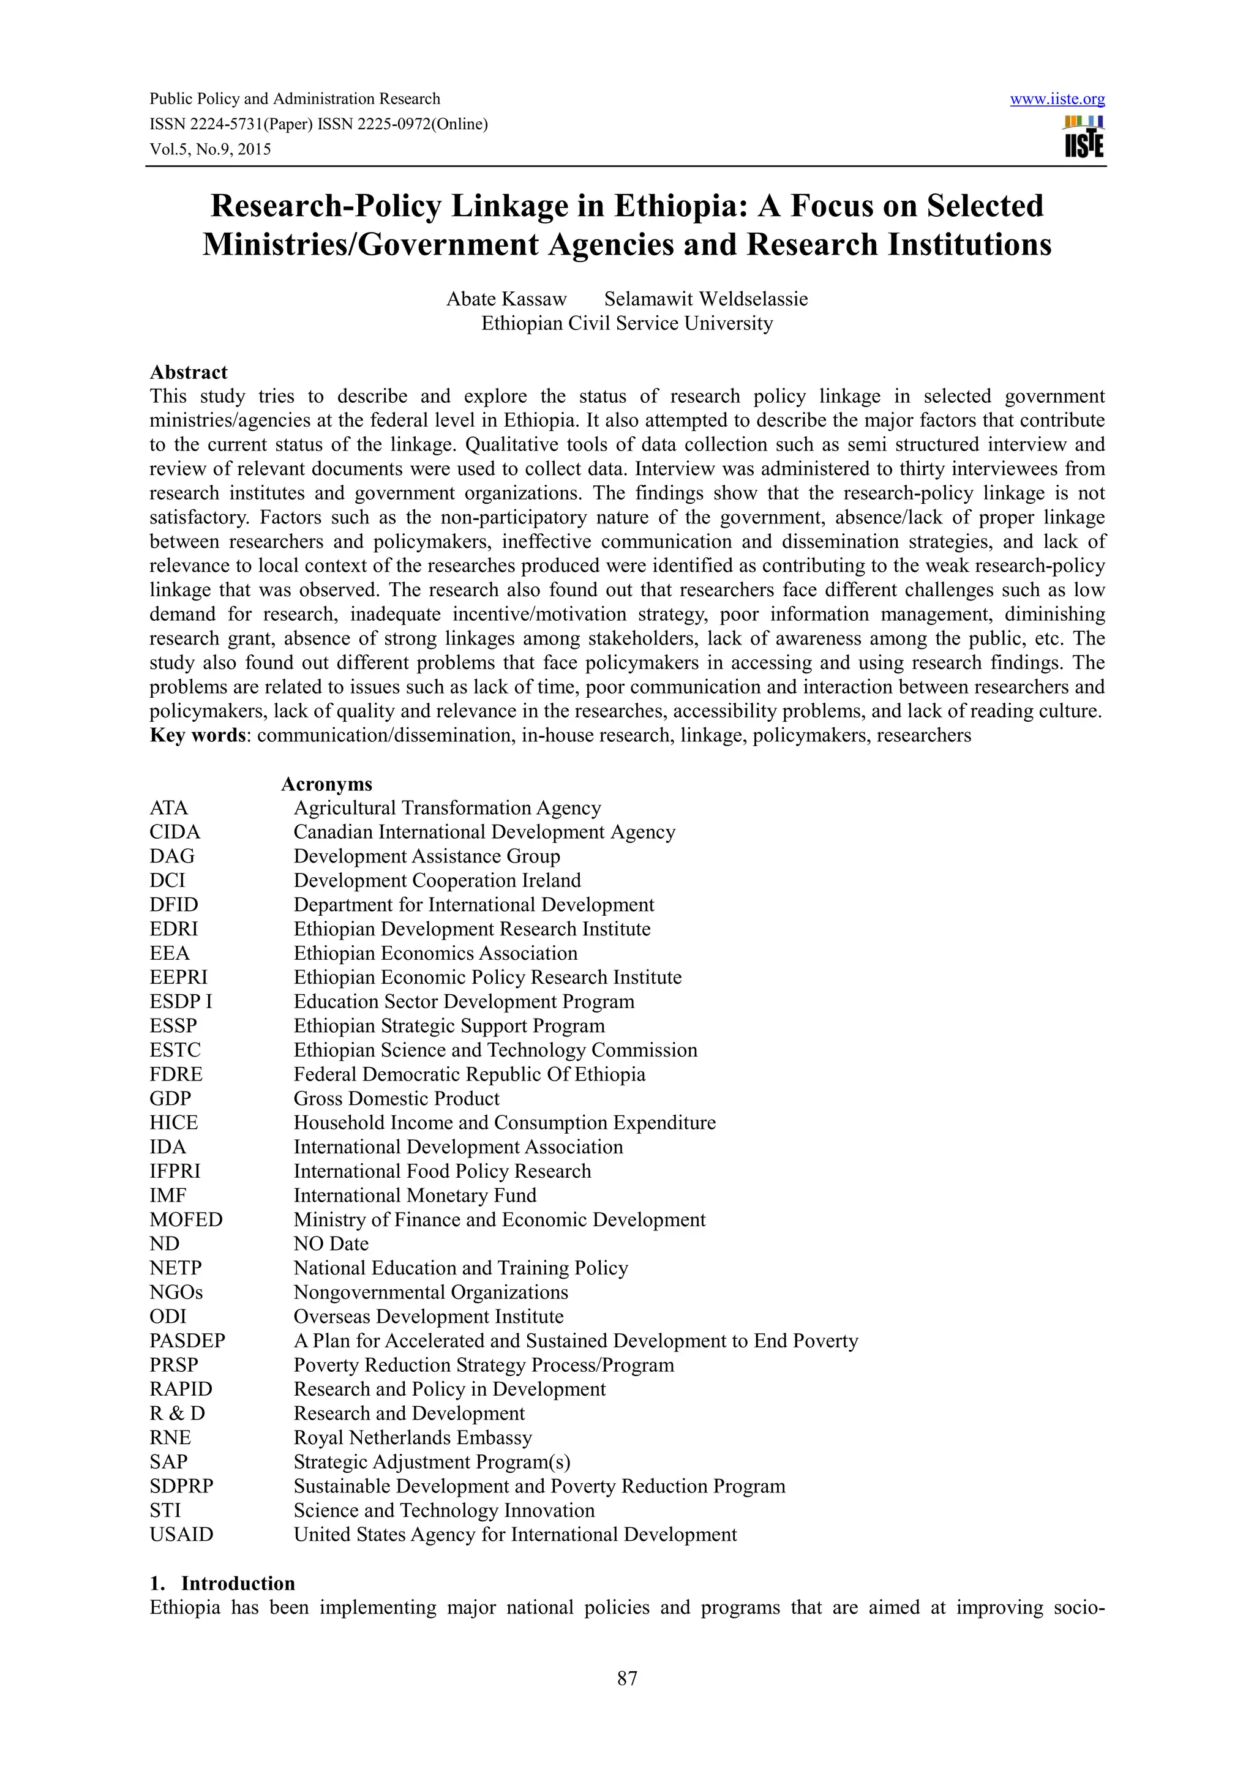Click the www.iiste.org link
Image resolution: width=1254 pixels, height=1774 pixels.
[1057, 99]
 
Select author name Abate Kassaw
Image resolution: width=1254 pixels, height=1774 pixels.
[506, 299]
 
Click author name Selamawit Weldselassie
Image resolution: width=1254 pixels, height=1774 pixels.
[705, 299]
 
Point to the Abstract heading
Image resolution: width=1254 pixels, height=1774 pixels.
[189, 372]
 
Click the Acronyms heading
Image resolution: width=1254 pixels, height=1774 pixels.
[326, 784]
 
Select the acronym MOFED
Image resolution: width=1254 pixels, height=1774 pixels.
[186, 1220]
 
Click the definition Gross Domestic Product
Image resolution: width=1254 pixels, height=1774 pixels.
[396, 1099]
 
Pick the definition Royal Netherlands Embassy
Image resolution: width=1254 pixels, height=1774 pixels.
[412, 1438]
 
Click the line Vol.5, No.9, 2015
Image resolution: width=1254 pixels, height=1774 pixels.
[210, 150]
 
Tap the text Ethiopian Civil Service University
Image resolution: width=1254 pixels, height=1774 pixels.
[626, 323]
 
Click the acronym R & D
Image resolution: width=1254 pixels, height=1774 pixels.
[177, 1414]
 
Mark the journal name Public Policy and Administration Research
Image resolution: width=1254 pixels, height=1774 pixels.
[295, 99]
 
